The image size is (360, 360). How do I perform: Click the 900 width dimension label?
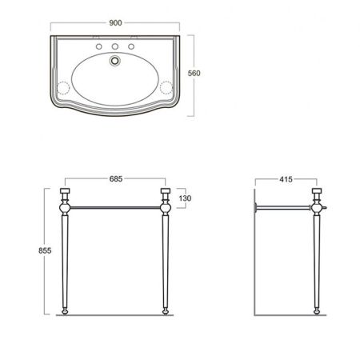point(118,22)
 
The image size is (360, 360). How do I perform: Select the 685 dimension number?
point(117,178)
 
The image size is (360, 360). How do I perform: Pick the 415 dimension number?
point(286,178)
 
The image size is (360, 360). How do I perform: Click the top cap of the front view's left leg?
point(66,194)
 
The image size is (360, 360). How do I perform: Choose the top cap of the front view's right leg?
point(166,194)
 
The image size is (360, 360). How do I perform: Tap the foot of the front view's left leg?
point(66,310)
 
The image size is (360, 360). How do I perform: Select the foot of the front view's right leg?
point(166,310)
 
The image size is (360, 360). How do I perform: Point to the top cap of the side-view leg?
point(318,194)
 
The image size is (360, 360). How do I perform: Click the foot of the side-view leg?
point(318,310)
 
